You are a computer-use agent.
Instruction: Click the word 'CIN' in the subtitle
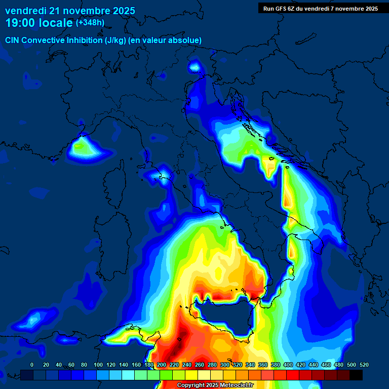13,40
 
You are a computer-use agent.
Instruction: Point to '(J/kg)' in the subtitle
117,40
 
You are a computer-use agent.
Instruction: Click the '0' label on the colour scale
32,365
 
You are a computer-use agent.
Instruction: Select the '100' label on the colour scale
98,365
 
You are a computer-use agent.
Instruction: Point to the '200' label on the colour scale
162,365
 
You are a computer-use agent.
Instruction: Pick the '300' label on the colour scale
225,365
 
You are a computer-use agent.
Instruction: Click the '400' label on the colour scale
288,365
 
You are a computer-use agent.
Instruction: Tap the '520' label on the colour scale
364,365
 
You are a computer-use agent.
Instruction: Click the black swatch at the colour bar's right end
356,375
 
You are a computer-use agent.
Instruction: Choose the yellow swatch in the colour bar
191,375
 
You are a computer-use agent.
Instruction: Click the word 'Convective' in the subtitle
43,40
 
